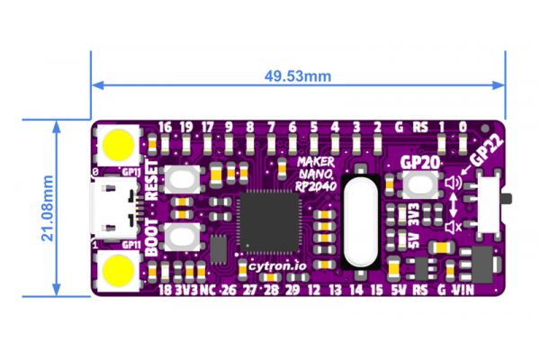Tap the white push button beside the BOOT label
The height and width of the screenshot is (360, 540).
point(186,237)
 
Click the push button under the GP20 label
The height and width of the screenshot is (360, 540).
point(419,186)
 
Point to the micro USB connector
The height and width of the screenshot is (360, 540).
point(112,206)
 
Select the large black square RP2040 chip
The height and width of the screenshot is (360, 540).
point(269,224)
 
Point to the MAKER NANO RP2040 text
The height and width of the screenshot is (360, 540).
point(314,171)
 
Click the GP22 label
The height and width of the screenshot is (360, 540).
point(486,154)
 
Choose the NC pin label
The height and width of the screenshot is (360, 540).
point(207,291)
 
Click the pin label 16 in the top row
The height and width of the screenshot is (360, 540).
point(164,126)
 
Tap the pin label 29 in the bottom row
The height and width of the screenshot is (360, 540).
point(292,291)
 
